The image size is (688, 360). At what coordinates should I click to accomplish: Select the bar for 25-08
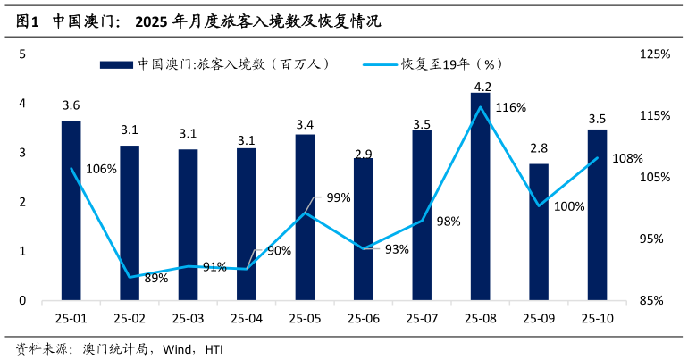pyautogui.click(x=481, y=197)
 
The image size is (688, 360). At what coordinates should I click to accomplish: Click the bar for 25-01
pyautogui.click(x=71, y=211)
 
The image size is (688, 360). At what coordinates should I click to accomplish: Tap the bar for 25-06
pyautogui.click(x=364, y=230)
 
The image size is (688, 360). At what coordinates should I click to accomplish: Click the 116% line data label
pyautogui.click(x=510, y=107)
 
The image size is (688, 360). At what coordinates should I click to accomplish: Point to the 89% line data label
pyautogui.click(x=155, y=279)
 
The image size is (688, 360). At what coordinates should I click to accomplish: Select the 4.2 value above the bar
pyautogui.click(x=482, y=87)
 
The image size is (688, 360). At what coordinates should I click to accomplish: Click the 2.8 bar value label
pyautogui.click(x=539, y=148)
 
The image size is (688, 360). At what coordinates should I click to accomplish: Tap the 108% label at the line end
pyautogui.click(x=627, y=159)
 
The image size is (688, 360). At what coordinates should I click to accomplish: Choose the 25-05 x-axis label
pyautogui.click(x=305, y=317)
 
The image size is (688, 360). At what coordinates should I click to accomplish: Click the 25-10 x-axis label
pyautogui.click(x=597, y=317)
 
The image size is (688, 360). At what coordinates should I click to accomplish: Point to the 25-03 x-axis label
pyautogui.click(x=188, y=317)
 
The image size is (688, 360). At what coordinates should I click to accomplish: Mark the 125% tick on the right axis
pyautogui.click(x=655, y=54)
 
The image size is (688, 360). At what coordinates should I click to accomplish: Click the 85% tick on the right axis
pyautogui.click(x=655, y=301)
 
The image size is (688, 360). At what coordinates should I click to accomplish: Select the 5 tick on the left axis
pyautogui.click(x=23, y=54)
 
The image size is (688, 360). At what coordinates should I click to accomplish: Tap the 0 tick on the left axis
pyautogui.click(x=23, y=301)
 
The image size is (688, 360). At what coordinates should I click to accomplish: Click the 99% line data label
pyautogui.click(x=339, y=197)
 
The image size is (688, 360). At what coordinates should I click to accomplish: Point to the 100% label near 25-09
pyautogui.click(x=569, y=206)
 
